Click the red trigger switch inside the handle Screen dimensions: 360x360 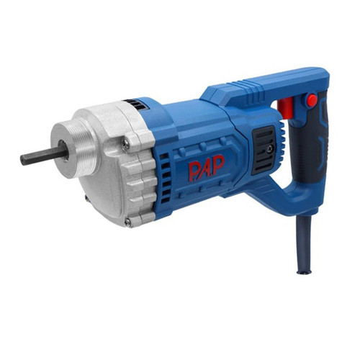pos(285,107)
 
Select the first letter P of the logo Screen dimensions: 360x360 pos(194,171)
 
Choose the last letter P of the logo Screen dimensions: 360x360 pos(218,164)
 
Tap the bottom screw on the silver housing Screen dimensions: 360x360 pos(128,222)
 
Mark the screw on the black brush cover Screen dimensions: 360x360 pos(271,148)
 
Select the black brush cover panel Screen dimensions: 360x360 pos(264,150)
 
